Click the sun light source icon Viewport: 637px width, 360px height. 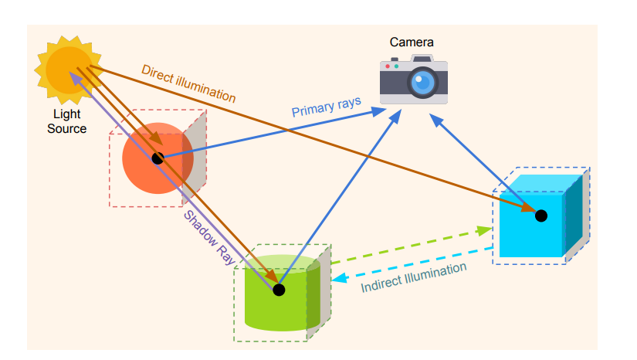[x=67, y=67]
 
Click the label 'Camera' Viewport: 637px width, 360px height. [x=412, y=42]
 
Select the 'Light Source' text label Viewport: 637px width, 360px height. [x=66, y=121]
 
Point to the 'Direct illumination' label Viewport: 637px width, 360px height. [x=188, y=83]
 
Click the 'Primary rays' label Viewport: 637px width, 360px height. [x=326, y=107]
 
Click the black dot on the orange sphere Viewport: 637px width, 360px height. [x=158, y=158]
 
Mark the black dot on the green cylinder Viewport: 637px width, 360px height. [x=279, y=290]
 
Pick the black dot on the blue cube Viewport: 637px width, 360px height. [x=541, y=216]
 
